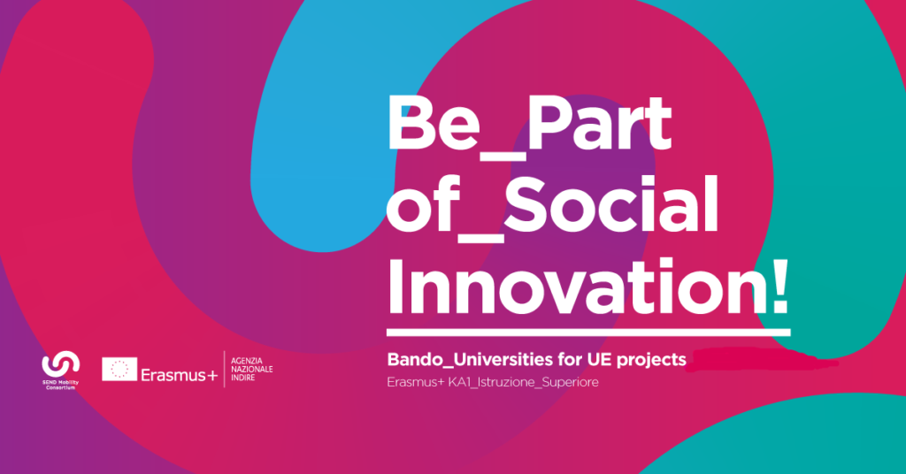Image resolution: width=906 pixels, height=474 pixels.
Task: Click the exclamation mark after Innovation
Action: tap(779, 287)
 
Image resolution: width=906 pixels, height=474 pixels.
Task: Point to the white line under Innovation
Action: tap(588, 333)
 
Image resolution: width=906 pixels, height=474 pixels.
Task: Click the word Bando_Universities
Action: tap(470, 360)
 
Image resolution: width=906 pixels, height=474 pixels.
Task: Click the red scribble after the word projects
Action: tap(763, 360)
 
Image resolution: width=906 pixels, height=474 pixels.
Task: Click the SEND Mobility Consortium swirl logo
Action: tap(61, 363)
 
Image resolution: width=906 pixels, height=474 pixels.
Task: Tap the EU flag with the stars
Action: tap(119, 369)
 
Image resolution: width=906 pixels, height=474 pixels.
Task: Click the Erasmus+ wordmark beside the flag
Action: tap(179, 375)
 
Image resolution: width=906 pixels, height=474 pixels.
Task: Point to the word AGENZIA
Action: tap(247, 361)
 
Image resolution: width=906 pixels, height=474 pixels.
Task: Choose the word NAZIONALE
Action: tap(252, 369)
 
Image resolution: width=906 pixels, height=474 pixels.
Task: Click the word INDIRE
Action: tap(243, 377)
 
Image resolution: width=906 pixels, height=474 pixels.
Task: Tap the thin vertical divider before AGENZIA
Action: tap(224, 369)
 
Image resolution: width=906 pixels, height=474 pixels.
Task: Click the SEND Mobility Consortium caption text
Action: tap(61, 385)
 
